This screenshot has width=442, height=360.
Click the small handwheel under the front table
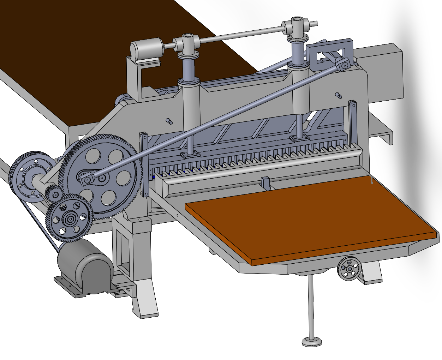[350, 269]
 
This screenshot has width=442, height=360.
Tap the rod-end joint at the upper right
[343, 64]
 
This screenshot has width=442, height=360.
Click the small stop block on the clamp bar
[265, 183]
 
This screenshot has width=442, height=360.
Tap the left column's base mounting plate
[190, 155]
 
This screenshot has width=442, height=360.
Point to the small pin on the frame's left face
[169, 121]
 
